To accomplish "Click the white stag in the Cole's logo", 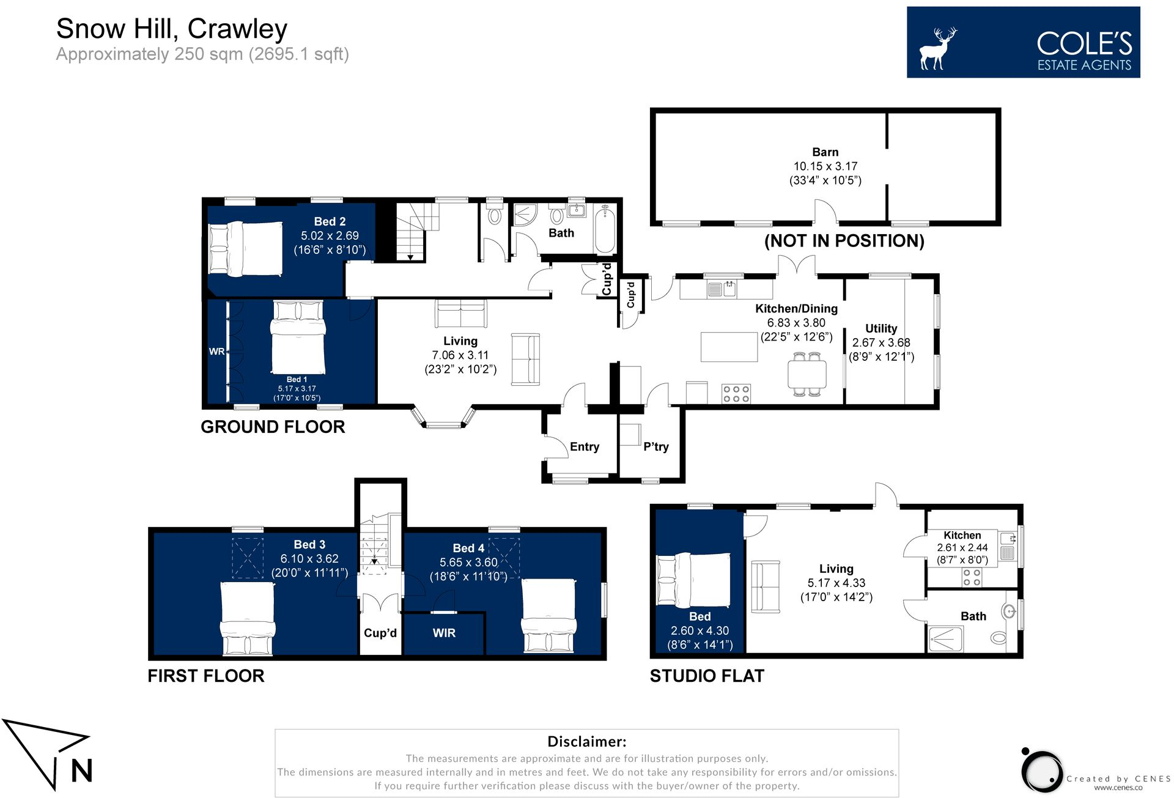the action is click(x=937, y=49).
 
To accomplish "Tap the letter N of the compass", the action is click(x=81, y=770).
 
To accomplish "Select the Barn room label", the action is click(x=825, y=152).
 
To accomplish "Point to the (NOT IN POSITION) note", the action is click(x=844, y=241).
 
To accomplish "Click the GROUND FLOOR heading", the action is click(x=273, y=427).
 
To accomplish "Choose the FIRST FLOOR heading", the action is click(x=206, y=676).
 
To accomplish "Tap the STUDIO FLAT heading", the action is click(x=707, y=676).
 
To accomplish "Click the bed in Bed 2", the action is click(x=245, y=249).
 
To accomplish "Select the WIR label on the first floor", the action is click(x=444, y=633).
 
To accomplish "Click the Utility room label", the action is click(x=881, y=328).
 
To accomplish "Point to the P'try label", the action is click(x=656, y=446).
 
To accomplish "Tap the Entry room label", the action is click(x=585, y=447).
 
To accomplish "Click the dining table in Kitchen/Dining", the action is click(x=807, y=374).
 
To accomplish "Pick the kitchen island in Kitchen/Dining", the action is click(x=729, y=347).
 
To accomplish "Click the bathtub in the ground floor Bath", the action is click(x=605, y=229).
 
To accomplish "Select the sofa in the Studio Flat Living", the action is click(x=765, y=586).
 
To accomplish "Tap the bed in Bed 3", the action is click(x=247, y=618).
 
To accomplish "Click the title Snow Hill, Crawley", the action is click(x=172, y=29).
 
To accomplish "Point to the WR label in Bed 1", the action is click(x=216, y=352).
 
